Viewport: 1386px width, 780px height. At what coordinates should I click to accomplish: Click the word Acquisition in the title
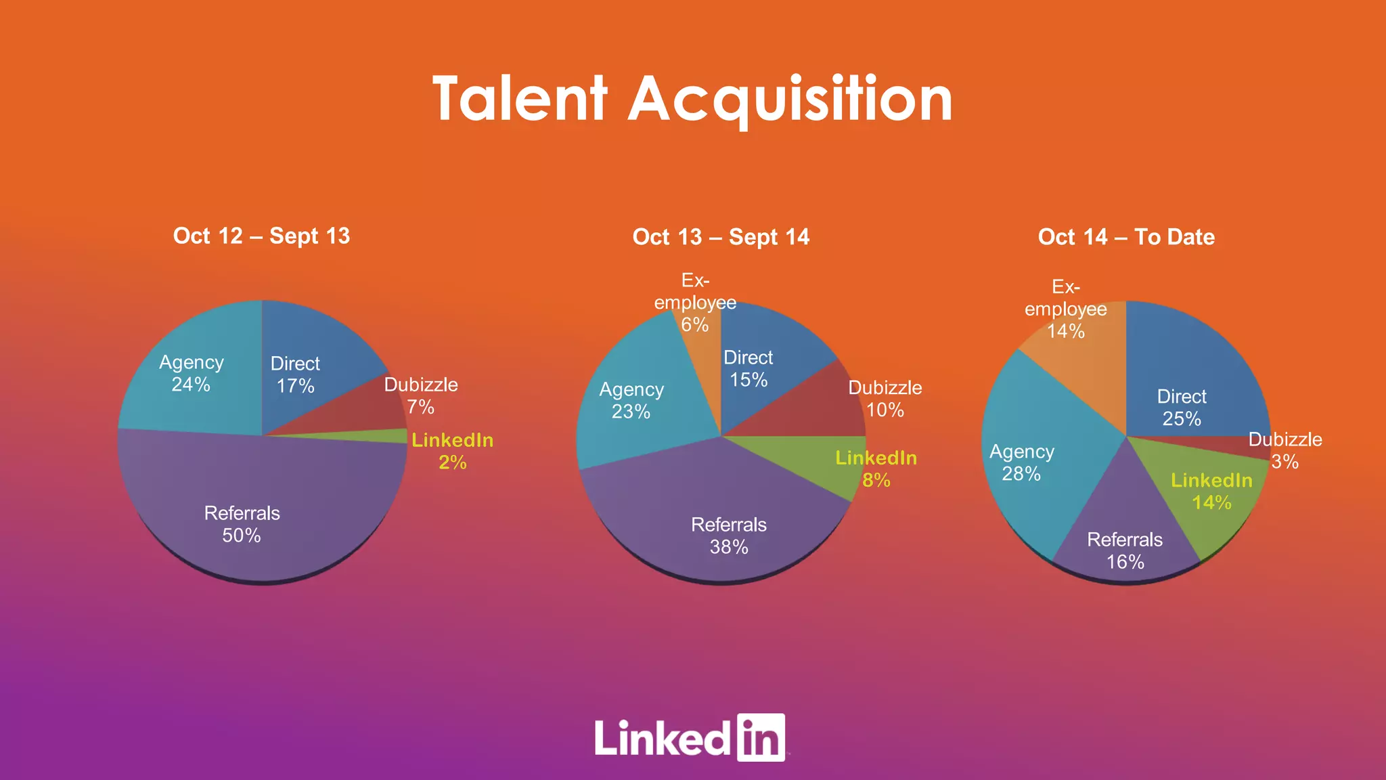(790, 100)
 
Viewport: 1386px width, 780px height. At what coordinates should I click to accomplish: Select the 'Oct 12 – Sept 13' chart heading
(261, 236)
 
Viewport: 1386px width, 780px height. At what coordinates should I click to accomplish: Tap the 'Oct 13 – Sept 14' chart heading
(721, 237)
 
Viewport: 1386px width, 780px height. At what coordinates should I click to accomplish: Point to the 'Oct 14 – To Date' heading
(1126, 237)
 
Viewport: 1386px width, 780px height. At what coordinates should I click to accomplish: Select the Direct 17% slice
(305, 366)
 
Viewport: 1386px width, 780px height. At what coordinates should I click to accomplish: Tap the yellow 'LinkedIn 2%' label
(452, 451)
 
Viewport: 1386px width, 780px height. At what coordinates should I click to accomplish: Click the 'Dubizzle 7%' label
(421, 395)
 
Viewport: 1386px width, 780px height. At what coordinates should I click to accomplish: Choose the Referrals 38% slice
(717, 515)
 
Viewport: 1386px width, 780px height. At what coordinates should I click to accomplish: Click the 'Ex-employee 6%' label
(695, 303)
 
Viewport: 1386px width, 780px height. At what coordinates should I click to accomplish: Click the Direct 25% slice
(1191, 379)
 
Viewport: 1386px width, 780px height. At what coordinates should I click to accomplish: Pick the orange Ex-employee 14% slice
(1083, 366)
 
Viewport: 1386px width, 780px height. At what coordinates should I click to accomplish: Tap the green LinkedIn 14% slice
(1205, 501)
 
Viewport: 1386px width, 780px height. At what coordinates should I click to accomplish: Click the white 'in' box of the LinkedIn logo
(761, 737)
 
